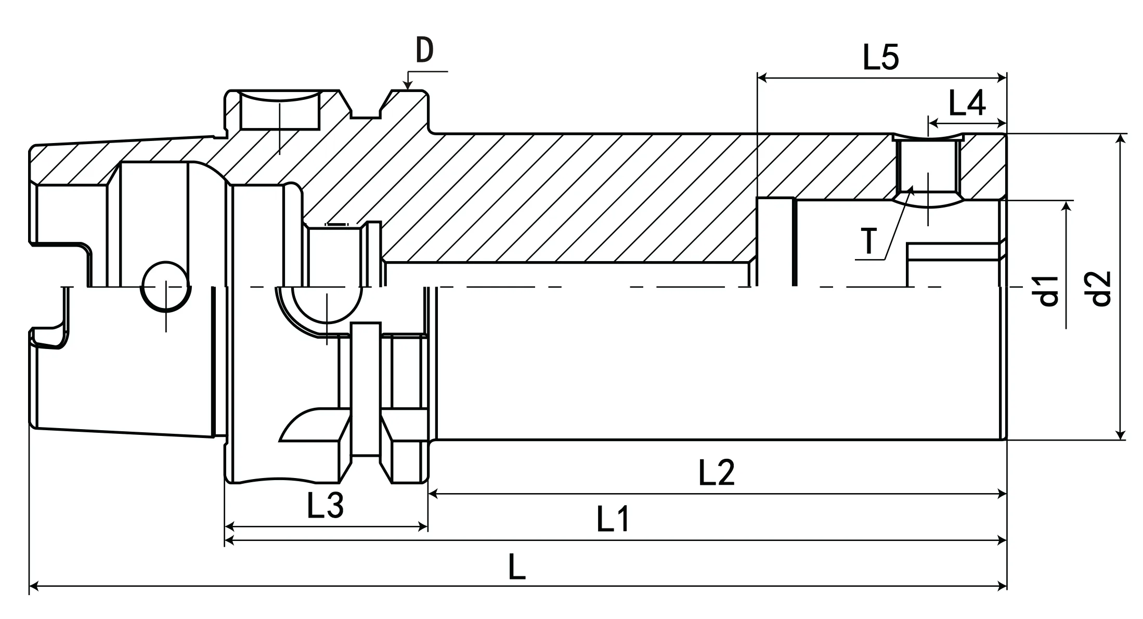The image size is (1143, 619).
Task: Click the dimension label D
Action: (424, 51)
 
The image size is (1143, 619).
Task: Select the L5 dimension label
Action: (880, 57)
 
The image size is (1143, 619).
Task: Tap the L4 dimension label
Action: (966, 104)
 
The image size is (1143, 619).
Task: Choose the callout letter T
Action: (869, 241)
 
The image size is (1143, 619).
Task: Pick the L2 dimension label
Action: (716, 472)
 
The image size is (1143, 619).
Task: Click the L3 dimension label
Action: (325, 506)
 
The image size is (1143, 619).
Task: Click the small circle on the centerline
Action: (166, 287)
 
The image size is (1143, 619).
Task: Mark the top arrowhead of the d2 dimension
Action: (1121, 138)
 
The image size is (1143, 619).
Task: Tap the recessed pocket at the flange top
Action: (280, 112)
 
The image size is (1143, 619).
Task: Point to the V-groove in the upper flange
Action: (367, 107)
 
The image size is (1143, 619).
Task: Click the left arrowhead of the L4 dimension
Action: (932, 124)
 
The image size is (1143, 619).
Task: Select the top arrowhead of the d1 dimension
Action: (1066, 205)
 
